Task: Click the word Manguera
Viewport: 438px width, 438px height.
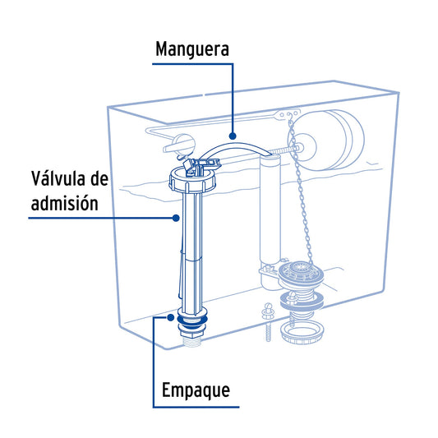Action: (192, 49)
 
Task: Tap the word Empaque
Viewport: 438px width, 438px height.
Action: (196, 390)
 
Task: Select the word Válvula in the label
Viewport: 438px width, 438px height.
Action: (58, 178)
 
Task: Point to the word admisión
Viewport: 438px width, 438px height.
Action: (65, 203)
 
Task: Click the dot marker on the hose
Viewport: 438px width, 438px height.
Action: (232, 136)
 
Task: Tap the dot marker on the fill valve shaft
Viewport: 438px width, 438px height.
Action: (176, 218)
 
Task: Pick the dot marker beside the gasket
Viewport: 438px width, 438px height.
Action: (170, 317)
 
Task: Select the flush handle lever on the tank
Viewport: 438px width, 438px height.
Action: (179, 144)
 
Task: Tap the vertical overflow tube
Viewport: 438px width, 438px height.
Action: (270, 210)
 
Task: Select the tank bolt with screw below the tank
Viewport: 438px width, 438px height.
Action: (268, 322)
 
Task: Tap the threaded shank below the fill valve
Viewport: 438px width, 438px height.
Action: (192, 341)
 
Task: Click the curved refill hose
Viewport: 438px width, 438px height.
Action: (236, 150)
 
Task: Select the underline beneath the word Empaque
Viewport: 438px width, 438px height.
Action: (196, 407)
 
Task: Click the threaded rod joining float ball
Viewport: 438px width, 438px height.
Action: (284, 150)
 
